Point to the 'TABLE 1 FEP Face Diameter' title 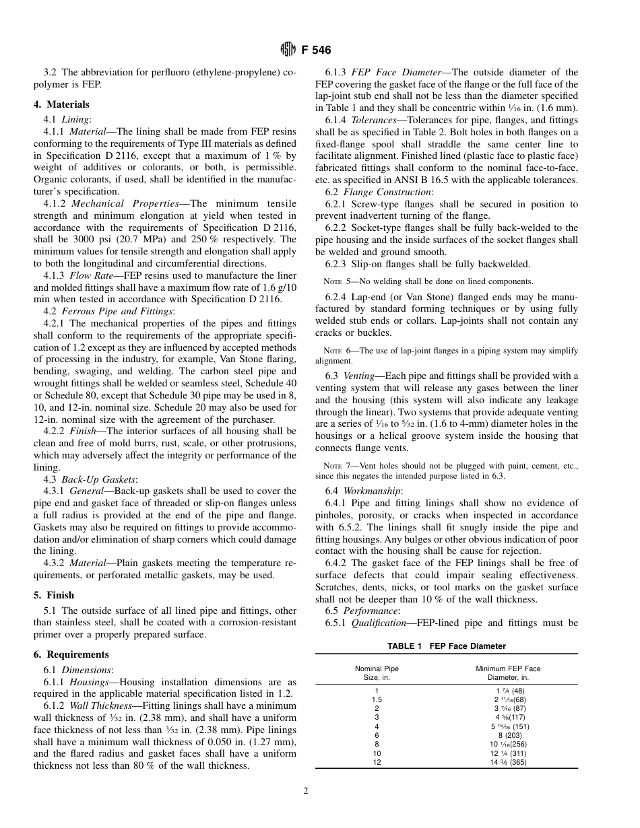point(446,646)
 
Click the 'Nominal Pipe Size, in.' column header point(377,673)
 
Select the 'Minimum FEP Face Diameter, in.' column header point(508,673)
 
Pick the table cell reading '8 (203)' point(508,736)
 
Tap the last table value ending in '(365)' point(508,763)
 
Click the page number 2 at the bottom point(305,791)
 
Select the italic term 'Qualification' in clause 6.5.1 point(377,623)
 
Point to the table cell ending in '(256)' point(508,745)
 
